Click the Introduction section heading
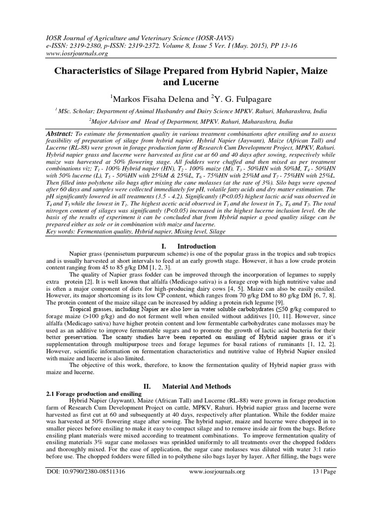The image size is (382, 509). coord(197,246)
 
